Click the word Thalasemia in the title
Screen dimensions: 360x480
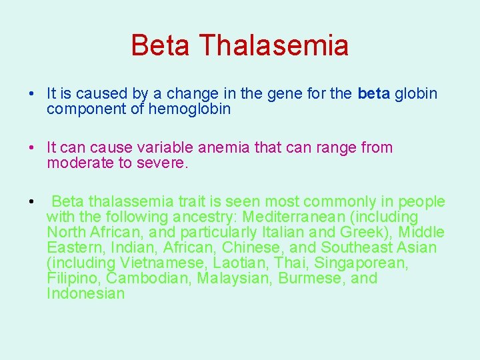tap(273, 46)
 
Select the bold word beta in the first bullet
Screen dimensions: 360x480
tap(374, 94)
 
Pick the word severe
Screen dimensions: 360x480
tap(163, 163)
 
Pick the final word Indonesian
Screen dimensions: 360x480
tap(86, 294)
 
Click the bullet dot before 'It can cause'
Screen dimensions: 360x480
tap(31, 148)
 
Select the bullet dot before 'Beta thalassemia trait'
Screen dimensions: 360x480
tap(31, 202)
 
